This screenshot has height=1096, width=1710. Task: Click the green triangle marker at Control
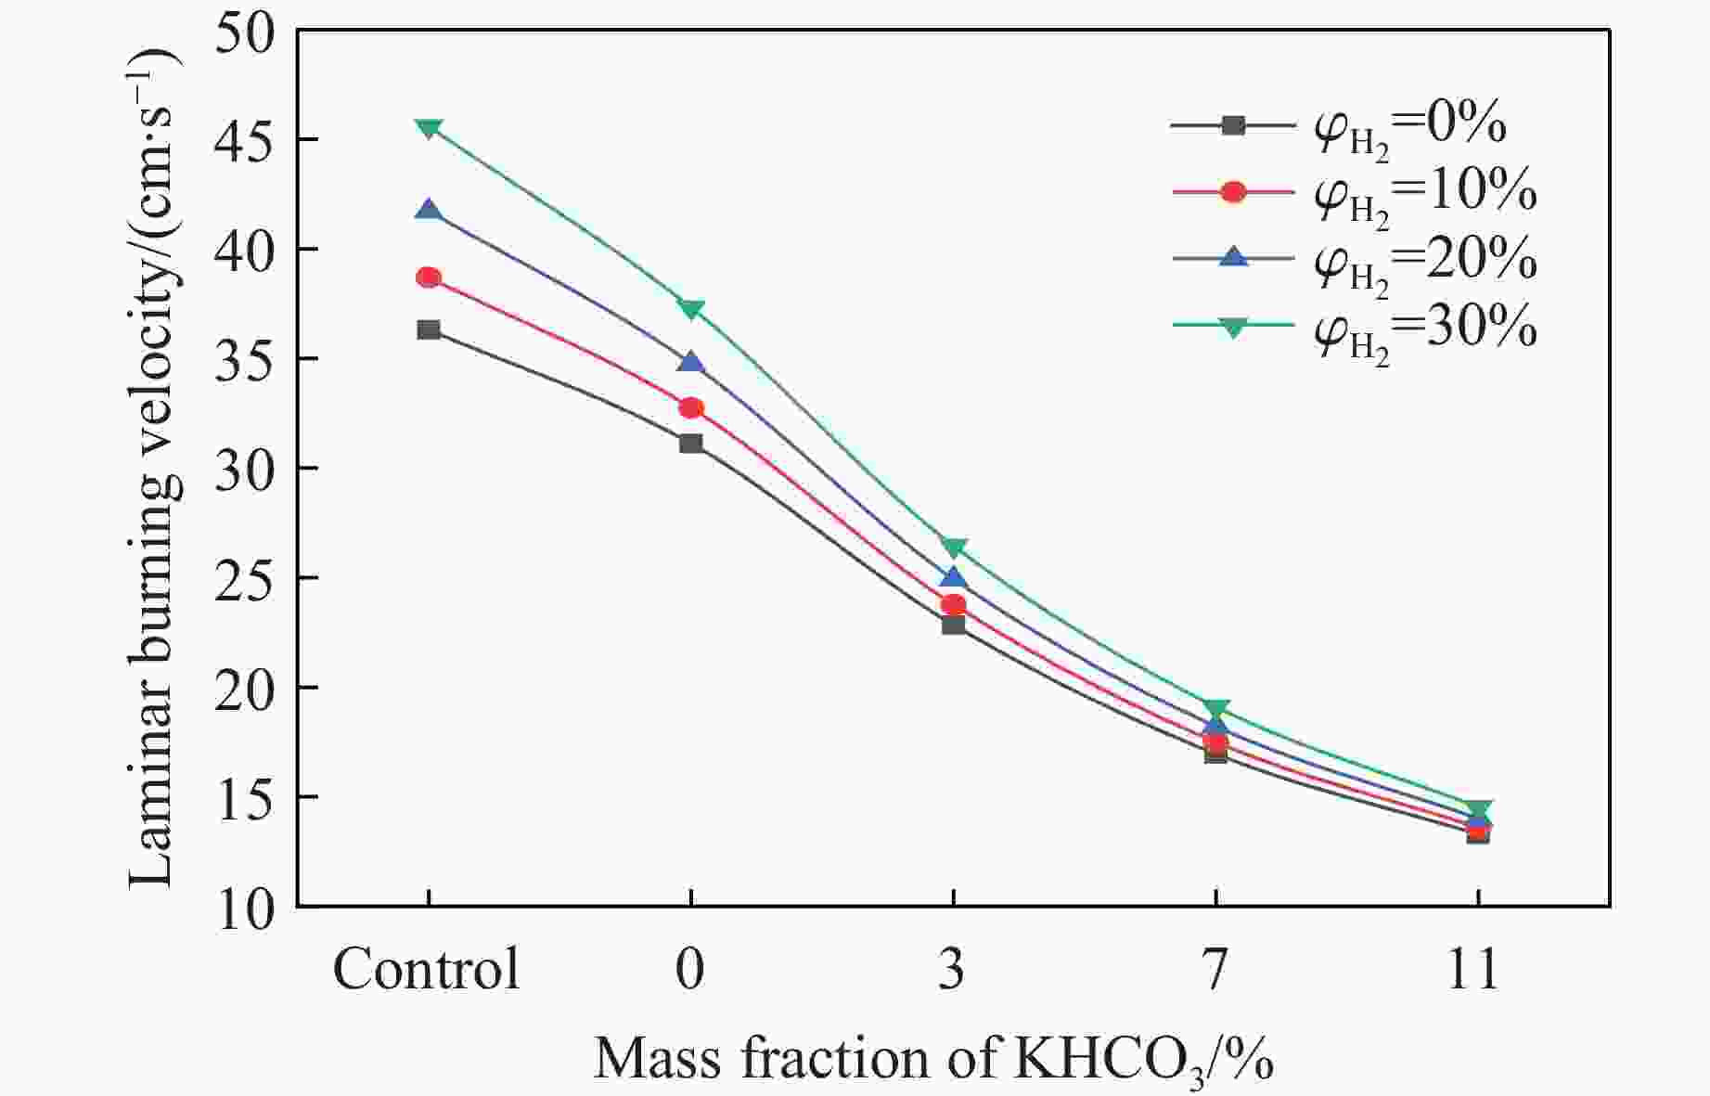click(429, 128)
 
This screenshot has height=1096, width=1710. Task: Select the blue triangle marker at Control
click(429, 210)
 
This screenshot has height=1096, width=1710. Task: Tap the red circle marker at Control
click(429, 277)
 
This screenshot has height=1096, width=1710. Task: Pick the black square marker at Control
click(429, 329)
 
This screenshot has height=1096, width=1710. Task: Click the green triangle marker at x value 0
click(691, 309)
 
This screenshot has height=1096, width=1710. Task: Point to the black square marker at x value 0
click(691, 443)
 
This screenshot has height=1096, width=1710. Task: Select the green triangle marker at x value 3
click(954, 548)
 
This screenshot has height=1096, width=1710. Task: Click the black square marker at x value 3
click(954, 625)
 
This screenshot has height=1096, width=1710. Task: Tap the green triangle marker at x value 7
click(1216, 710)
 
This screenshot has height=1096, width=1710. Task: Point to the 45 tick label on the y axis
click(244, 140)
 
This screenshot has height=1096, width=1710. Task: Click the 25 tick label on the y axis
click(244, 578)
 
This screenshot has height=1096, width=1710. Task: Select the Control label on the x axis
click(427, 970)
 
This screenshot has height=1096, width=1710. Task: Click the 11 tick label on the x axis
click(1476, 970)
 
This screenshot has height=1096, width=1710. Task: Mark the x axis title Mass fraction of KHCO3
click(932, 1059)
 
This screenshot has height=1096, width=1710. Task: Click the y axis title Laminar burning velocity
click(153, 464)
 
